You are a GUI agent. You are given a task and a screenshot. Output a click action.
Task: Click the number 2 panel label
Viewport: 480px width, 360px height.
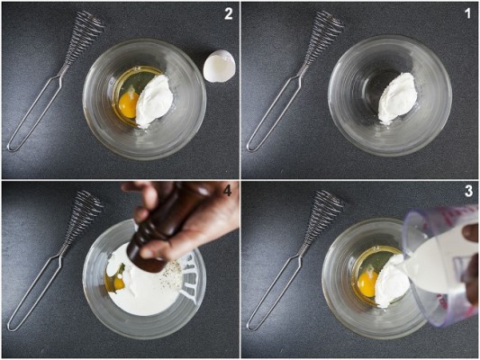click(x=229, y=14)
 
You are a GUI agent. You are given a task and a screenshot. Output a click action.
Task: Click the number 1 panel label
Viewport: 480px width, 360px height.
click(x=467, y=13)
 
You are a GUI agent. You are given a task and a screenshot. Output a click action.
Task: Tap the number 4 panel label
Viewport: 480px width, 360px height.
click(x=227, y=191)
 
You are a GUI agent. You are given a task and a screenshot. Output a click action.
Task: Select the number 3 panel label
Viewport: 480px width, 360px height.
click(x=468, y=192)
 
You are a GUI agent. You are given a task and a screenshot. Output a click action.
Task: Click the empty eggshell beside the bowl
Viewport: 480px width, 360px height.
click(x=220, y=67)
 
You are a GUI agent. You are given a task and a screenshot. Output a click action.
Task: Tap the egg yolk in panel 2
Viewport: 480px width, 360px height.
click(x=129, y=105)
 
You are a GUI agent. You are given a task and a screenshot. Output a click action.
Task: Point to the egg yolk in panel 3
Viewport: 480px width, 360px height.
click(x=367, y=283)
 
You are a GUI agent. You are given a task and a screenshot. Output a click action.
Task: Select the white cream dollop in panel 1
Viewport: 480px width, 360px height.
click(x=396, y=97)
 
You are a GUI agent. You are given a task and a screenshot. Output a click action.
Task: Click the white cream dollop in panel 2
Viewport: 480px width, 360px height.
click(x=154, y=101)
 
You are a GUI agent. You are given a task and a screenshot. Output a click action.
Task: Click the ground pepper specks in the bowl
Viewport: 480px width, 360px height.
click(x=170, y=274)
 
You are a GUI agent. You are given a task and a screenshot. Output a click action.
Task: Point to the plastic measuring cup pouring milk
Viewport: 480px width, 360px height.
click(x=440, y=263)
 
